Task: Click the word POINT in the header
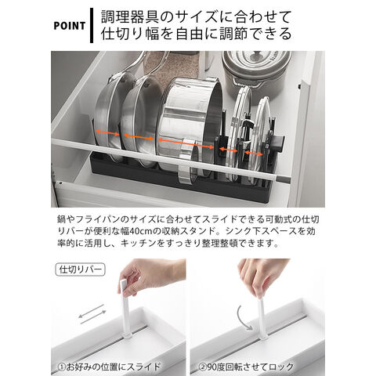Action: click(x=70, y=26)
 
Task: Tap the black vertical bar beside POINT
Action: click(x=92, y=25)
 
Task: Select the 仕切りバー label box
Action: click(x=80, y=269)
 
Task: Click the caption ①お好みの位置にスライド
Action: click(x=109, y=367)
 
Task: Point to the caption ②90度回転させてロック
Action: click(x=246, y=367)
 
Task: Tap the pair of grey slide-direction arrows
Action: click(x=92, y=314)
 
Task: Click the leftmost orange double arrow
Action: click(x=107, y=133)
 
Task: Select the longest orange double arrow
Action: click(x=186, y=144)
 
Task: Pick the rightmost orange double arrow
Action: click(x=254, y=154)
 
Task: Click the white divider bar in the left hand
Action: click(x=125, y=308)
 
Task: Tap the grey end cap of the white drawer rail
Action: click(x=283, y=179)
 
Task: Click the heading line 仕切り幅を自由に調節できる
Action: click(x=196, y=34)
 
